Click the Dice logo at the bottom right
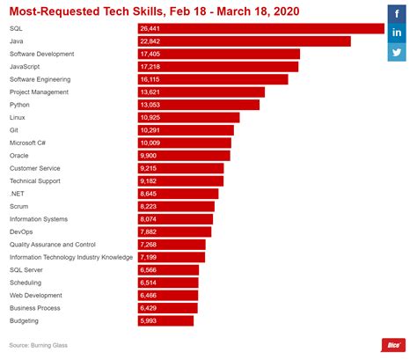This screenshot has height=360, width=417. click(391, 345)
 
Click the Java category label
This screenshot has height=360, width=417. click(17, 41)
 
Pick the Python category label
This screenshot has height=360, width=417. click(20, 104)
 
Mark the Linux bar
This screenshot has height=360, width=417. click(188, 117)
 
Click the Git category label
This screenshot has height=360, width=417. click(14, 129)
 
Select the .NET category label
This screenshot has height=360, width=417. click(17, 193)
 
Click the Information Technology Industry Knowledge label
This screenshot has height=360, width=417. click(70, 257)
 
